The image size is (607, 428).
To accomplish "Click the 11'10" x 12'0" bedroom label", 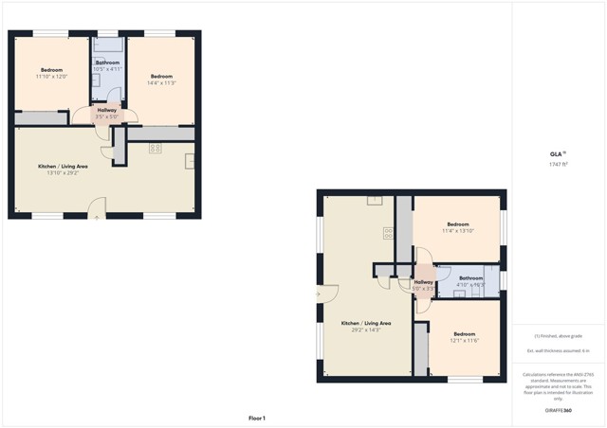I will (50, 74).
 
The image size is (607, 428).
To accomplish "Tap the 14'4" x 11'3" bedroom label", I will (161, 79).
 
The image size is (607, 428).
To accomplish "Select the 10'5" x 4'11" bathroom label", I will (107, 66).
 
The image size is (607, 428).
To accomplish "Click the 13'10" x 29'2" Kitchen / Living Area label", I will (63, 169).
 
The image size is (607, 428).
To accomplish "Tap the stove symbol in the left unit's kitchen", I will (155, 148).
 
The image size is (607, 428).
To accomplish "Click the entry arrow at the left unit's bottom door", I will (96, 217).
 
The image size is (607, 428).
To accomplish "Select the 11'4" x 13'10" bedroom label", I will (457, 227).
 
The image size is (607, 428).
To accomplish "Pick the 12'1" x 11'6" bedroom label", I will (464, 337).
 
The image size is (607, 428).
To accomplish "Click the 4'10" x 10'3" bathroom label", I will (471, 281).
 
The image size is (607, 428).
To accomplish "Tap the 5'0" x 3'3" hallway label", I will (424, 284).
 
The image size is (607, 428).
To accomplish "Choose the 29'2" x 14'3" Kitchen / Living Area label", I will (360, 327).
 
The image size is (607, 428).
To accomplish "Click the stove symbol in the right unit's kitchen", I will (389, 232).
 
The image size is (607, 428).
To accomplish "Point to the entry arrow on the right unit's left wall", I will (320, 294).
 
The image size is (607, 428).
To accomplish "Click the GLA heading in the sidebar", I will (557, 153).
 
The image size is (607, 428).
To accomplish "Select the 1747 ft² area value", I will (558, 165).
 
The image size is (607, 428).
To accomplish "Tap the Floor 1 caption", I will (257, 418).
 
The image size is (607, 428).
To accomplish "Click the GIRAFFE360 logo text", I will (559, 410).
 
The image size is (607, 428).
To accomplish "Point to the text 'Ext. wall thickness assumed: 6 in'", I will (559, 350).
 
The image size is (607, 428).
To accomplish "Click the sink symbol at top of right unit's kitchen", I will (375, 200).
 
